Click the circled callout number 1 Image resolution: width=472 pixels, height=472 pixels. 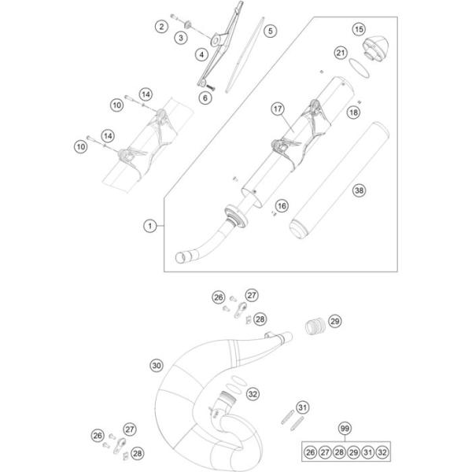(149, 227)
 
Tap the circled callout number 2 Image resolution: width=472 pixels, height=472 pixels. (160, 27)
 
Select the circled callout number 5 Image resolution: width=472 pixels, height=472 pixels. (270, 31)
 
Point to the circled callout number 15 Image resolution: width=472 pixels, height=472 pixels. (359, 30)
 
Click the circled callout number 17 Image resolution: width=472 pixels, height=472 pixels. (277, 109)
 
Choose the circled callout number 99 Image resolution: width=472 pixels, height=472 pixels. (343, 428)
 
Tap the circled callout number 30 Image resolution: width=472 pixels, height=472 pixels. (157, 365)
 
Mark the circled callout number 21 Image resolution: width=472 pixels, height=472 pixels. (340, 53)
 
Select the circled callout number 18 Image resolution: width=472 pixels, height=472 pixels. (353, 113)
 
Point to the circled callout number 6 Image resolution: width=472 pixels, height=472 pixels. (205, 98)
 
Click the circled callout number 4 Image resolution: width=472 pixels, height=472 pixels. (202, 55)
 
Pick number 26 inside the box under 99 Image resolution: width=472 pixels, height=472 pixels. (310, 452)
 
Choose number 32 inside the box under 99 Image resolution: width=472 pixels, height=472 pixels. (382, 452)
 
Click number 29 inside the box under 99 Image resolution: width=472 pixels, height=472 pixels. (353, 452)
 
